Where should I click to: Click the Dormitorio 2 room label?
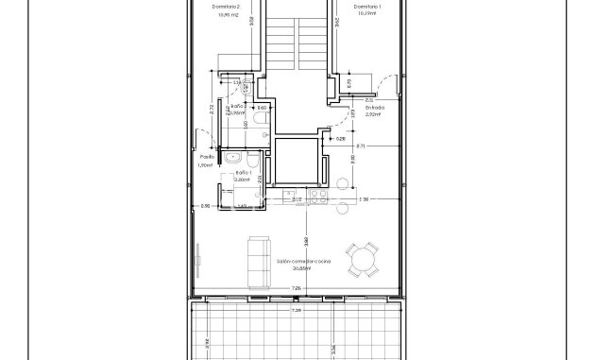point(228,7)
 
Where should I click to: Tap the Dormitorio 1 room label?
point(367,7)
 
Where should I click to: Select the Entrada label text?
point(376,108)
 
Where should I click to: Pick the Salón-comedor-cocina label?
point(303,260)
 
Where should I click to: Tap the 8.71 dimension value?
point(361,146)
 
